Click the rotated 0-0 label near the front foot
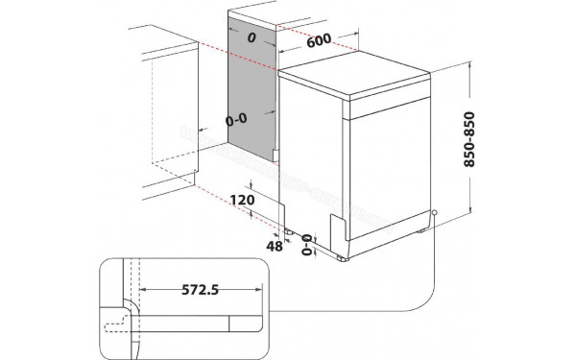pos(308,246)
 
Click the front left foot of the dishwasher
pos(343,256)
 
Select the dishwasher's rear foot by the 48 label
pos(287,231)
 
